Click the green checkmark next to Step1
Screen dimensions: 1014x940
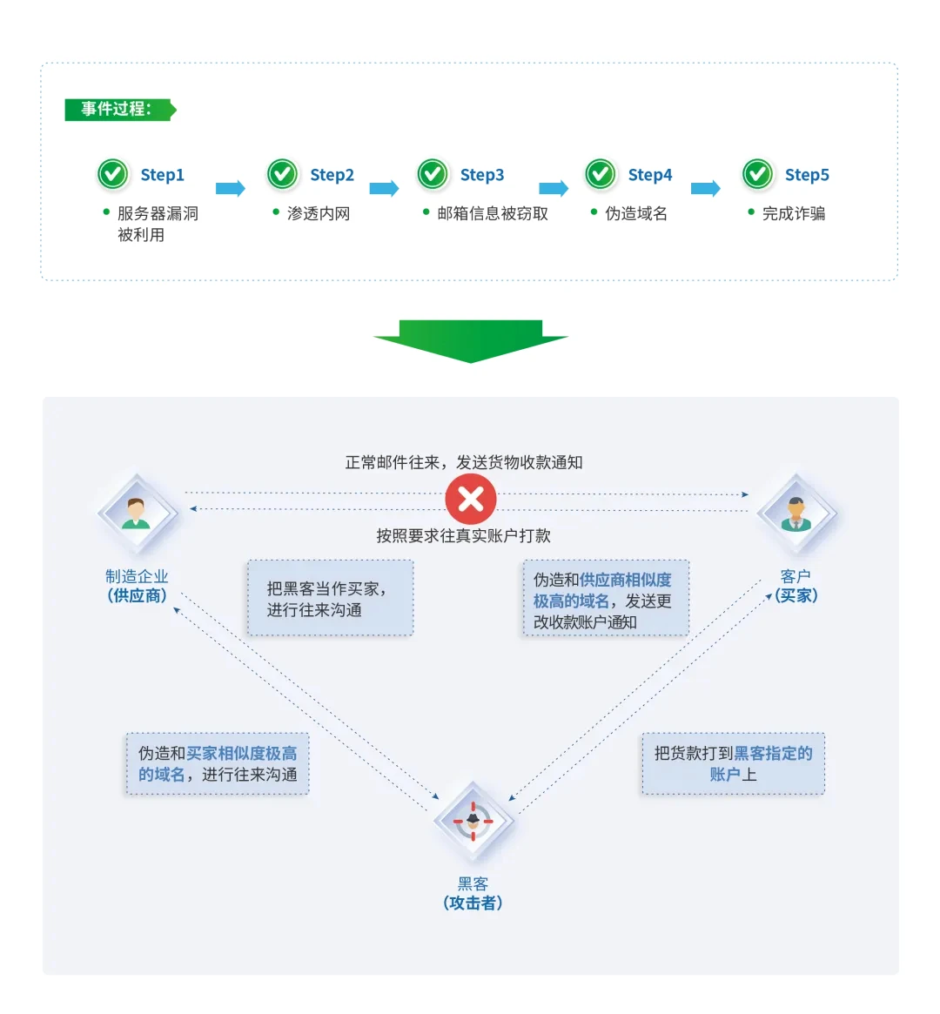(x=112, y=175)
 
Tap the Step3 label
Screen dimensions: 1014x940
(x=481, y=175)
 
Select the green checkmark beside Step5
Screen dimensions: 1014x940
(x=757, y=175)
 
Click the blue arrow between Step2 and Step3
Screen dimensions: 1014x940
(x=383, y=188)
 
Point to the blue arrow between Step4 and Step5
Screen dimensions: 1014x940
(x=705, y=188)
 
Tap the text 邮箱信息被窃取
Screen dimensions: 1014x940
(x=493, y=213)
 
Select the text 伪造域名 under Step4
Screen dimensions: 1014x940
(x=636, y=213)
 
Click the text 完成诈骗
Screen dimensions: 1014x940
(x=793, y=213)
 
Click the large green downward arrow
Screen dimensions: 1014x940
(x=471, y=340)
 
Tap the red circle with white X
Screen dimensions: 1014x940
(x=471, y=500)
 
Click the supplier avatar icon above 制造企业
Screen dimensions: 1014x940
(x=136, y=513)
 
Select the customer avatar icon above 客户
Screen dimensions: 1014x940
(x=795, y=513)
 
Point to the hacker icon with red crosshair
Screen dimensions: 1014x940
(x=473, y=820)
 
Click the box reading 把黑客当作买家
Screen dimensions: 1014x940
(x=329, y=598)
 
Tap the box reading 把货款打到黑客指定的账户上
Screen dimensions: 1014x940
(x=733, y=763)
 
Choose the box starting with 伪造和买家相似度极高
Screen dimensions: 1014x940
(x=218, y=763)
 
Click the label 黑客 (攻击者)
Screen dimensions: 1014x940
(x=473, y=894)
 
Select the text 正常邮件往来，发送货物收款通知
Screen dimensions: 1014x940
(x=463, y=462)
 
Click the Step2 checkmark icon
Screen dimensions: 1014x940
(x=282, y=175)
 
